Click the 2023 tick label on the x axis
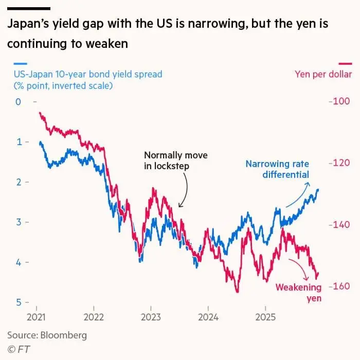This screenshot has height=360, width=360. click(151, 316)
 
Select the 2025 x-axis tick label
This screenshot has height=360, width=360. click(265, 316)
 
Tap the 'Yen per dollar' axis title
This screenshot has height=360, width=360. click(323, 74)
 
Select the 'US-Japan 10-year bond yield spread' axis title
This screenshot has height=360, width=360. click(87, 74)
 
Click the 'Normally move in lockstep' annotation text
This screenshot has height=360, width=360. click(168, 160)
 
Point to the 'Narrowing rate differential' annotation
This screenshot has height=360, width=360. click(278, 169)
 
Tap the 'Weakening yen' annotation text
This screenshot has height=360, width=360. click(299, 292)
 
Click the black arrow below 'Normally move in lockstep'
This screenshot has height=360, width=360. click(184, 190)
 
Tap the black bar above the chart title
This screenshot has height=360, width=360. click(29, 9)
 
